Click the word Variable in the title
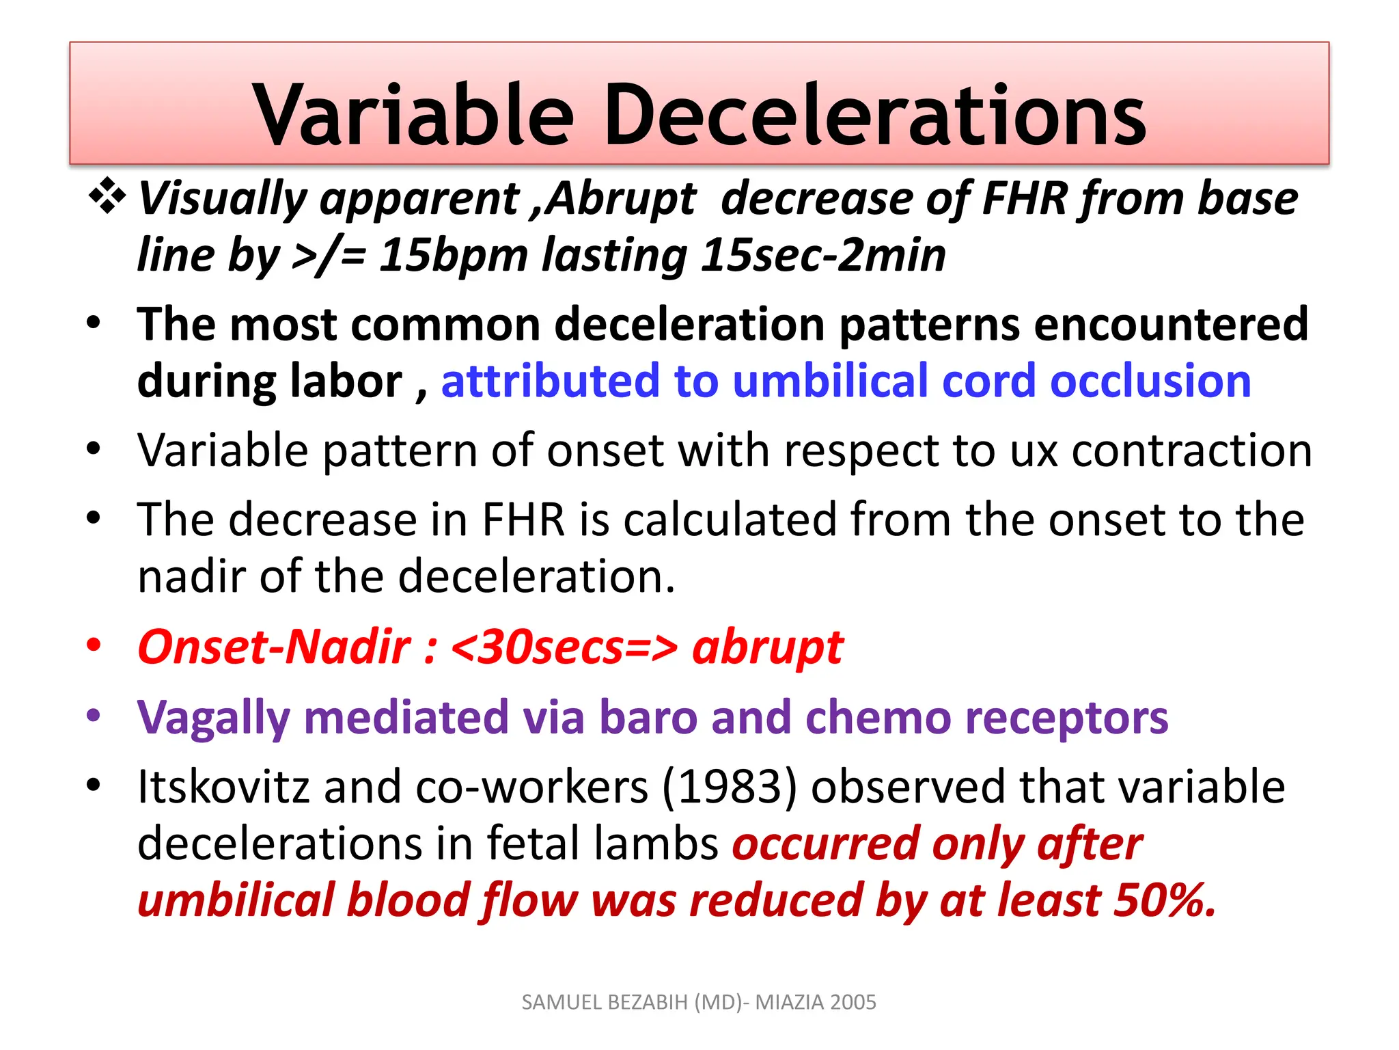(x=413, y=115)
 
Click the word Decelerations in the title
(x=875, y=115)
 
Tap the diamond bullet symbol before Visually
(x=107, y=197)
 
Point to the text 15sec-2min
(x=823, y=256)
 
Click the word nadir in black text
(x=191, y=576)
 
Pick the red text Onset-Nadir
(x=275, y=647)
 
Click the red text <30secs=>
(x=564, y=647)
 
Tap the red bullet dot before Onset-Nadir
(x=94, y=645)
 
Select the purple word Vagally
(x=214, y=718)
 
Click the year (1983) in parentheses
(x=730, y=787)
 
